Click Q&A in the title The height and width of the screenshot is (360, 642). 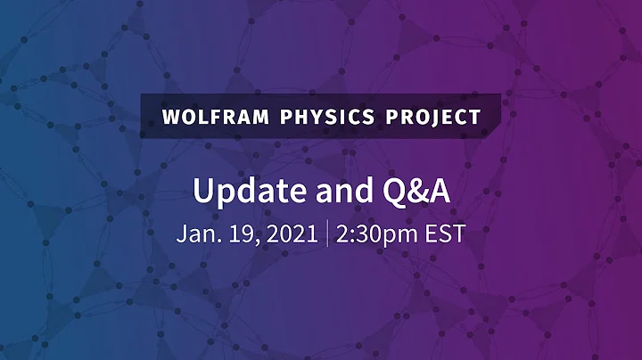coord(409,191)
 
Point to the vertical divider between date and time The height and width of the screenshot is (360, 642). coord(327,234)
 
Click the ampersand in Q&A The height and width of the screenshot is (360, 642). coord(410,191)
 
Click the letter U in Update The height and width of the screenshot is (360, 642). coord(204,191)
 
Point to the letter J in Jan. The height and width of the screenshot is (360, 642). coord(180,234)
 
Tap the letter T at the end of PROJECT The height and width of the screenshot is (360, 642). coord(475,117)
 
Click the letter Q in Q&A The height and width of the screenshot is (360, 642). coord(385,192)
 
